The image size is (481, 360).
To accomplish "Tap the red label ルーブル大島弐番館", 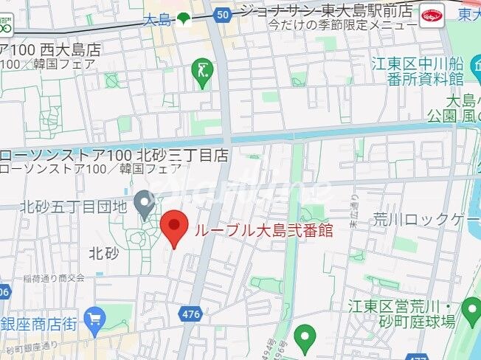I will coord(263,230).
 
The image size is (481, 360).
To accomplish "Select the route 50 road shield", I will coord(222,14).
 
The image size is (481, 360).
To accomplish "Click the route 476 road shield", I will coord(190,314).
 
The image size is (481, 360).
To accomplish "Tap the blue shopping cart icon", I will coord(95,319).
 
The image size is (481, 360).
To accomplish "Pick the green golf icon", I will coord(202,72).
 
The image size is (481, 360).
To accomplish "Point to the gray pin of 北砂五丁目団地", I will coord(145,202).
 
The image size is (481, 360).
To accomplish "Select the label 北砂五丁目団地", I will coord(74,207).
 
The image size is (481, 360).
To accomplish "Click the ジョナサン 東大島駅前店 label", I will coord(325,11).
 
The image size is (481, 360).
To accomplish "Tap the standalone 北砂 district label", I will coord(104,253).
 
